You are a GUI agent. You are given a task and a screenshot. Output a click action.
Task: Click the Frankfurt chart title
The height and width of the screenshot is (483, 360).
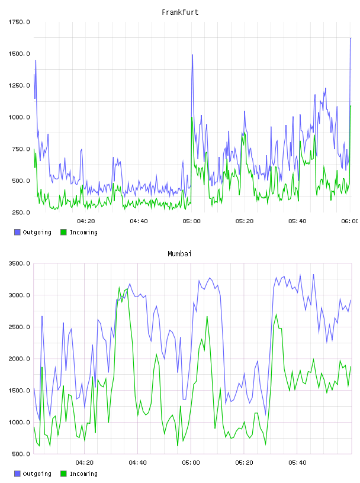180,12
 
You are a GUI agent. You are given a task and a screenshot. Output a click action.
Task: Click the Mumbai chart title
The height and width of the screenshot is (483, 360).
179,254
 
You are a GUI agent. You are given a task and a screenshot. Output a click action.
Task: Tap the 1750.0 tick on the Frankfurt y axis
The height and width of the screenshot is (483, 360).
19,22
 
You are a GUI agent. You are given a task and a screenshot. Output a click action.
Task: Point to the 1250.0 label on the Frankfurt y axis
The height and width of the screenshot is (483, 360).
19,85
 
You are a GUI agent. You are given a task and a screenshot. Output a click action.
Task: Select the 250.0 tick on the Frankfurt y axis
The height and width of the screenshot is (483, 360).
21,212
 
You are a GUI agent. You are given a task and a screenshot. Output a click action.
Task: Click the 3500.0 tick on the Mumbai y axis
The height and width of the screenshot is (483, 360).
19,263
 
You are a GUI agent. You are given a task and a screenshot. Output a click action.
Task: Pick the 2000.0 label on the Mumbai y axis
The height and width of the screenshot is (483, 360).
19,359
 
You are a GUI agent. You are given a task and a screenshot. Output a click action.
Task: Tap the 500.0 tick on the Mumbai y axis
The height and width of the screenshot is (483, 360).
21,454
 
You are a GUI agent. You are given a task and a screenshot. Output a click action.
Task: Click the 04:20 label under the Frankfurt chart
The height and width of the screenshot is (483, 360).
86,221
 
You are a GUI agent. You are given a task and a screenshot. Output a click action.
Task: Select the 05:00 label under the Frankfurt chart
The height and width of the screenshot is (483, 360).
191,221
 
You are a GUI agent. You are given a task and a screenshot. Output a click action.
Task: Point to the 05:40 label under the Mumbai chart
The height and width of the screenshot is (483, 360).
297,463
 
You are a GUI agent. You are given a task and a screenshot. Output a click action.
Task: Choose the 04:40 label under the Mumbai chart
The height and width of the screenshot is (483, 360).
137,463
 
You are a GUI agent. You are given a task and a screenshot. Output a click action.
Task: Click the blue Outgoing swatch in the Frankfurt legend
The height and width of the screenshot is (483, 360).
17,232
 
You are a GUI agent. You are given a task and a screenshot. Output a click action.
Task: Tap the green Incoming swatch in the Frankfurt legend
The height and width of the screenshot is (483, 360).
63,232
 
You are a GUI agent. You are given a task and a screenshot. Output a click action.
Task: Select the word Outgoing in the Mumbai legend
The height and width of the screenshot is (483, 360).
37,474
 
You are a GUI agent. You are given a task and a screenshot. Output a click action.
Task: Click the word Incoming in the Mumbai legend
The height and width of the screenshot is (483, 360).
83,474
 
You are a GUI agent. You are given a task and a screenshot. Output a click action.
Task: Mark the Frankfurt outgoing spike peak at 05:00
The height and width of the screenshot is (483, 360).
192,55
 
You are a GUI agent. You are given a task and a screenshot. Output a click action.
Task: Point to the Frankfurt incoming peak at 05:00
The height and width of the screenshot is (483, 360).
192,117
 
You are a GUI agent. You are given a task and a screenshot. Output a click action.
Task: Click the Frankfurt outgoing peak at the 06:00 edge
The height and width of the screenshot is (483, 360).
351,38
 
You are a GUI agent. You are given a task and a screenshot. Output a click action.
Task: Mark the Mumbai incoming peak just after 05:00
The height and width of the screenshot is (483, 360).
207,316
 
